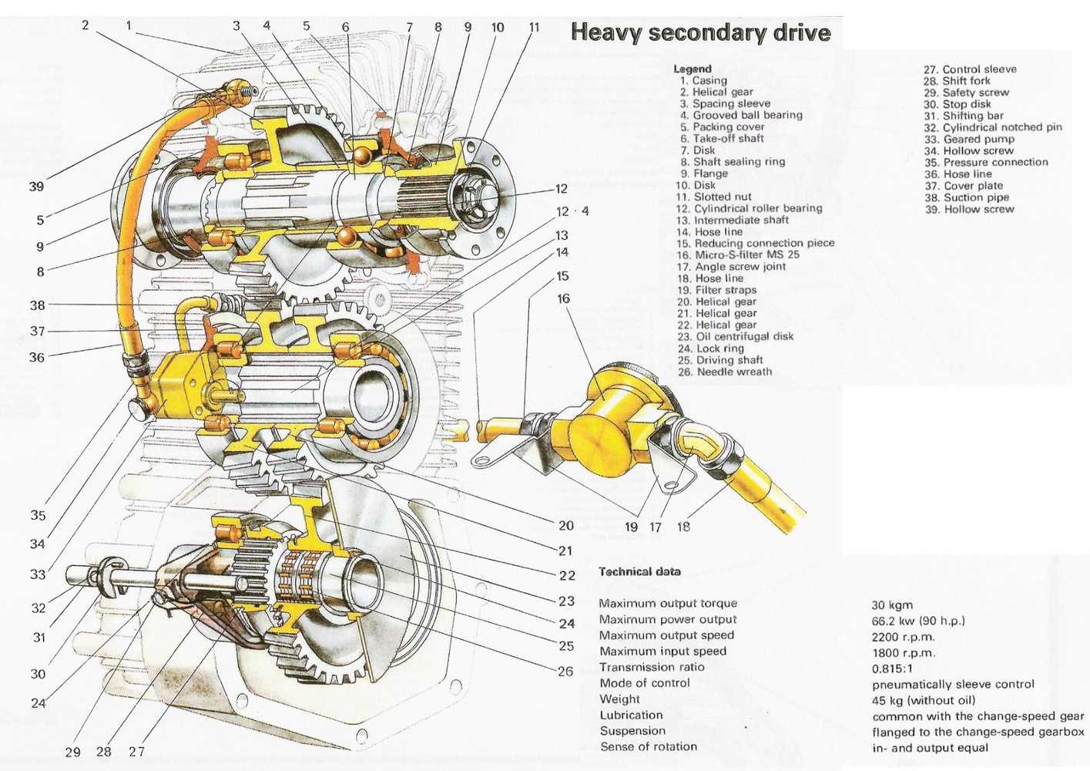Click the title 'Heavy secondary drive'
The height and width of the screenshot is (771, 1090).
[700, 33]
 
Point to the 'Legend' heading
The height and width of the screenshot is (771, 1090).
[693, 69]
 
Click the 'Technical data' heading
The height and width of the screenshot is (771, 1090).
[639, 572]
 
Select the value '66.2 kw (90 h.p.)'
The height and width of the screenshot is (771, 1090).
[918, 621]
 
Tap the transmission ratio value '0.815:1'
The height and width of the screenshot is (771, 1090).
[893, 668]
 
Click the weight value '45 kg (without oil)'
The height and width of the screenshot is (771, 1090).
[924, 700]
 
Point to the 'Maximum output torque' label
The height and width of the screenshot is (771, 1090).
[667, 604]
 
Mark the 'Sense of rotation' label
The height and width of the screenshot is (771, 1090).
[648, 746]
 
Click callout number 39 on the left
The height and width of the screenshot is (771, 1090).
[36, 186]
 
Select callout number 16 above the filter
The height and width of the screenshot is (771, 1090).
[563, 298]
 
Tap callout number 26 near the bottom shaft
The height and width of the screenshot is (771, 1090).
[565, 672]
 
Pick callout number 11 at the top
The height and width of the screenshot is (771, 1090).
[534, 28]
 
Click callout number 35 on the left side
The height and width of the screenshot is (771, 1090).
[38, 516]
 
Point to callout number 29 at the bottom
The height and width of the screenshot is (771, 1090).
[72, 752]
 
